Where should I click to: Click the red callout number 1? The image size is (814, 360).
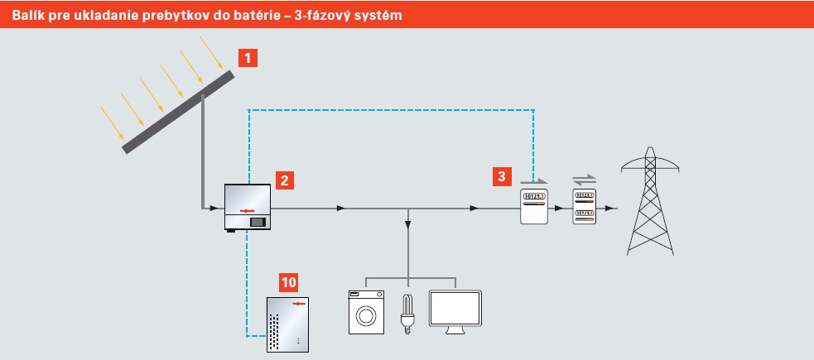(x=248, y=58)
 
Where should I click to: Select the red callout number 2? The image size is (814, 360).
(x=285, y=180)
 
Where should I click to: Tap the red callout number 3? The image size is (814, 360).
(x=502, y=176)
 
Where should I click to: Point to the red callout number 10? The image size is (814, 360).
(x=289, y=283)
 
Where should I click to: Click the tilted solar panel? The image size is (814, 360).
(x=178, y=112)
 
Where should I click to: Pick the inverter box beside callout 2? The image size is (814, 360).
(x=247, y=207)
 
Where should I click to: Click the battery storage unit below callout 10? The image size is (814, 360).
(x=287, y=324)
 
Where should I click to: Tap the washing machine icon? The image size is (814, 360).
(x=366, y=312)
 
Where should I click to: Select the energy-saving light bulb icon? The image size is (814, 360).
(x=408, y=314)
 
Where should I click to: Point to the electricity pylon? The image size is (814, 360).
(x=650, y=201)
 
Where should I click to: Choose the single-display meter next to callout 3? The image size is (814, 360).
(x=534, y=206)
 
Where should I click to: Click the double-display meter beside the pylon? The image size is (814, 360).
(x=584, y=206)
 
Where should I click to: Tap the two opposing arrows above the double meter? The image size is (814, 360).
(x=584, y=180)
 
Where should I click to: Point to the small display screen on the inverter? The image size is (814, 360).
(x=258, y=222)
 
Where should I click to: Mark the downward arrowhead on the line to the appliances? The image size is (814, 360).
(x=408, y=224)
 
